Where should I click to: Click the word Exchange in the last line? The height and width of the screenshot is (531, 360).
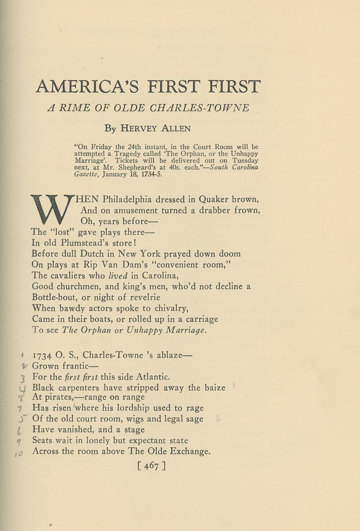coord(187,451)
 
